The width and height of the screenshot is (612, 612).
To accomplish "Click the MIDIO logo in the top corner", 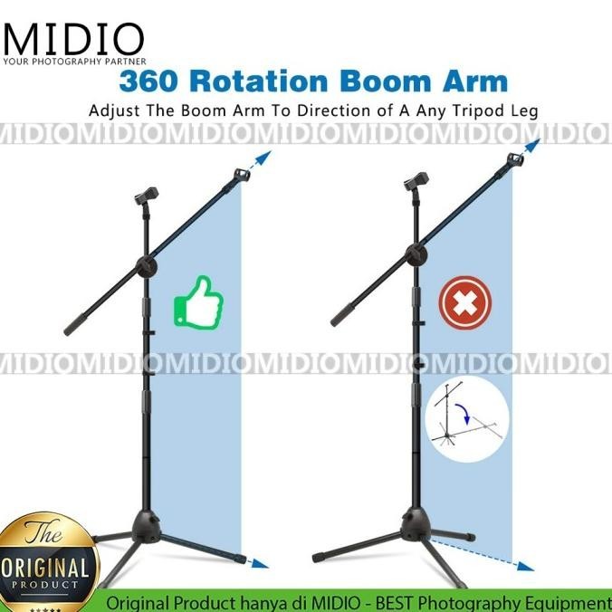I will click(x=74, y=38).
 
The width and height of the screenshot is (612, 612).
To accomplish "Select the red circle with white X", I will click(x=464, y=303).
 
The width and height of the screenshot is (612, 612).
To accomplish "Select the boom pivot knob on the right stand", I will click(x=417, y=253).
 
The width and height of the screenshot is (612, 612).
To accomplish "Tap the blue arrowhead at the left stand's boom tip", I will click(x=265, y=158).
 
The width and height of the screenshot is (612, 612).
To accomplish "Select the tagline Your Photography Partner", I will click(x=74, y=62).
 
